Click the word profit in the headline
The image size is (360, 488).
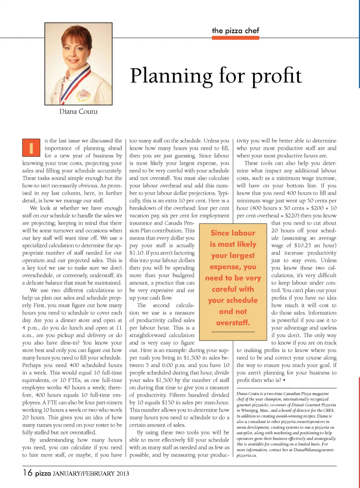coord(276,76)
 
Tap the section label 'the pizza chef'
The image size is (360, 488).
coord(235,31)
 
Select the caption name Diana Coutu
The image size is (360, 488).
coord(78,111)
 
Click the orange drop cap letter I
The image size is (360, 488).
coord(31,147)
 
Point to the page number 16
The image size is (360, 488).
coord(27,473)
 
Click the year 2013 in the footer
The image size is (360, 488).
coord(123,473)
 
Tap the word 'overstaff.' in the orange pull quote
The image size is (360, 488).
coord(233,323)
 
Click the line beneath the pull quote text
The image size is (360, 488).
coord(233,332)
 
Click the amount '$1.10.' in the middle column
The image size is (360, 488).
coord(137,253)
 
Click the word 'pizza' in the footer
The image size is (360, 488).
coord(43,473)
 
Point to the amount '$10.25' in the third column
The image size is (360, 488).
coord(303,245)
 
